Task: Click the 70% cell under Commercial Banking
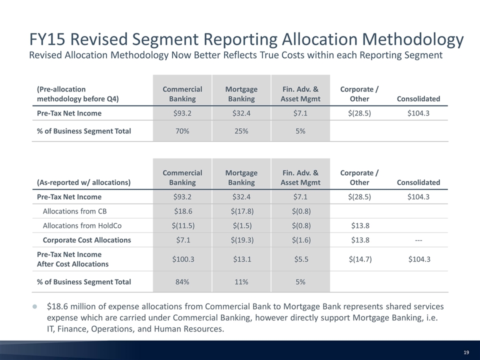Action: tap(182, 131)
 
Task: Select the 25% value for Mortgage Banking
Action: tap(241, 131)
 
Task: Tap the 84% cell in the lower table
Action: tap(182, 282)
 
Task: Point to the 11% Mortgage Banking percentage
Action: tap(241, 282)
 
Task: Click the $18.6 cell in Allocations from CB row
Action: tap(183, 211)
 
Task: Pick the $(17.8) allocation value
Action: tap(242, 211)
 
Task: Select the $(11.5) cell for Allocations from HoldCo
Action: tap(183, 225)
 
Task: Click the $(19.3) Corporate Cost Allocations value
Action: tap(242, 240)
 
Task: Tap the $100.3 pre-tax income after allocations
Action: tap(183, 259)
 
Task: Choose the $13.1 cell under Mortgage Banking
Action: tap(242, 259)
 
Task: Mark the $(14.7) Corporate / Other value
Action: tap(360, 259)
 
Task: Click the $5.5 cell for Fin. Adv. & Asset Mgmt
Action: tap(301, 259)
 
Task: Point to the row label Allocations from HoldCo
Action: tap(82, 225)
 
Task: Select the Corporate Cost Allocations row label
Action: tap(86, 240)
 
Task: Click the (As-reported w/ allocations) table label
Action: tap(83, 182)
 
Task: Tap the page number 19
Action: tap(466, 352)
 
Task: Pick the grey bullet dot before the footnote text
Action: tap(34, 306)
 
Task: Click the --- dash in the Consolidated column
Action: tap(418, 240)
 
